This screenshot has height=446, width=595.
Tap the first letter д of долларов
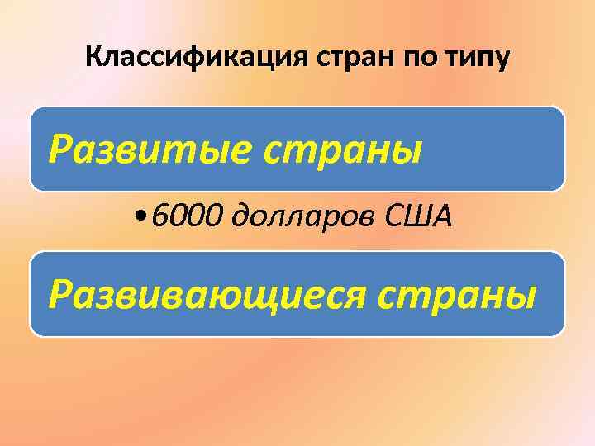[245, 217]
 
